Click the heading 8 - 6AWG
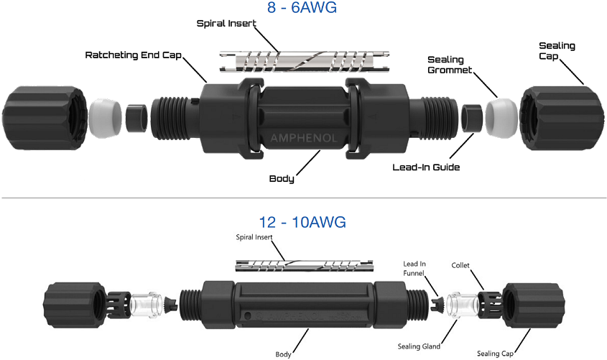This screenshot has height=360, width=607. pos(302,9)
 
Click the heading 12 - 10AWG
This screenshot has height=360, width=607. pos(302,222)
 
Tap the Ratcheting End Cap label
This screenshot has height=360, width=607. pos(134,55)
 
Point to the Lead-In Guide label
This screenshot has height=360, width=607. pos(426,167)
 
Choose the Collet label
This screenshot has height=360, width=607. pos(460,265)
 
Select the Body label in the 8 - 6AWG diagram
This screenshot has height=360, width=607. pos(282,178)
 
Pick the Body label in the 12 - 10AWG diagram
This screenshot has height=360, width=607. pos(283,354)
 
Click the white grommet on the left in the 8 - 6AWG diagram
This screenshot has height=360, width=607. pos(104,117)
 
